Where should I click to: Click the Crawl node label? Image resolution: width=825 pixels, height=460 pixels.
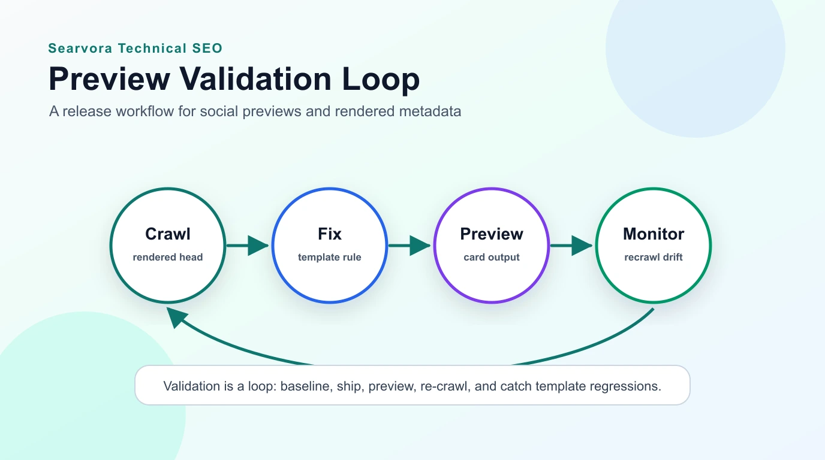168,234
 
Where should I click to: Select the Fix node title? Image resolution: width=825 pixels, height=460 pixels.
330,234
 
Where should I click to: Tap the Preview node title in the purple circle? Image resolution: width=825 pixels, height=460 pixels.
492,234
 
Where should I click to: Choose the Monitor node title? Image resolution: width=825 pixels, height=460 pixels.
654,234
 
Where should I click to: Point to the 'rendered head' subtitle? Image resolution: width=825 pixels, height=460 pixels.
168,257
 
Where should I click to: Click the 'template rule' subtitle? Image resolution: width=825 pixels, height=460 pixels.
330,257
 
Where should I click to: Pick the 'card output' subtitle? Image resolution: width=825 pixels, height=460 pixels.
492,257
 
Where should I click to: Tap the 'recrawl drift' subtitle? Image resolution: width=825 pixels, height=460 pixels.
654,257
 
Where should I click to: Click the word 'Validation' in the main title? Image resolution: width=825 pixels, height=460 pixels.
257,79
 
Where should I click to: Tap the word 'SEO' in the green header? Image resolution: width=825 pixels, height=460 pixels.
209,49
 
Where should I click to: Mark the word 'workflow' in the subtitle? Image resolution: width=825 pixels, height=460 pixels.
148,111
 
